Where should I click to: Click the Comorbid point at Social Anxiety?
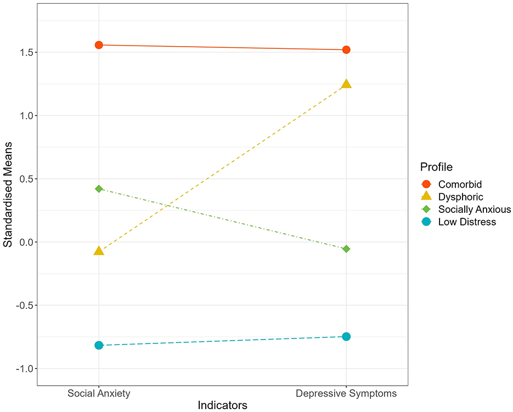[99, 45]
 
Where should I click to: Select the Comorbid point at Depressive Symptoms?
[346, 50]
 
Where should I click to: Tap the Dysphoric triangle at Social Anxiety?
[99, 251]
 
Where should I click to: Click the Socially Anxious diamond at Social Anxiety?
[99, 189]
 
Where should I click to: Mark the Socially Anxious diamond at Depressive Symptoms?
[346, 249]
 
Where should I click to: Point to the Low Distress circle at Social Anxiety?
[99, 345]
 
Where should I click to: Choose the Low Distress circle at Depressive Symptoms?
[346, 336]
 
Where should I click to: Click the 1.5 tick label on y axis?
[24, 53]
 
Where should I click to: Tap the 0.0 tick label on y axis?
[24, 242]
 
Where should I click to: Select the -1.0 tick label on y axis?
[22, 369]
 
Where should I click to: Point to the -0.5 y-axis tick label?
[22, 306]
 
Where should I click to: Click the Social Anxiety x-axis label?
[99, 393]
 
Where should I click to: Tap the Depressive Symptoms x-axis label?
[346, 393]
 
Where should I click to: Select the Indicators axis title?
[222, 405]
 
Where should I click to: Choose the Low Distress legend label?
[467, 222]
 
